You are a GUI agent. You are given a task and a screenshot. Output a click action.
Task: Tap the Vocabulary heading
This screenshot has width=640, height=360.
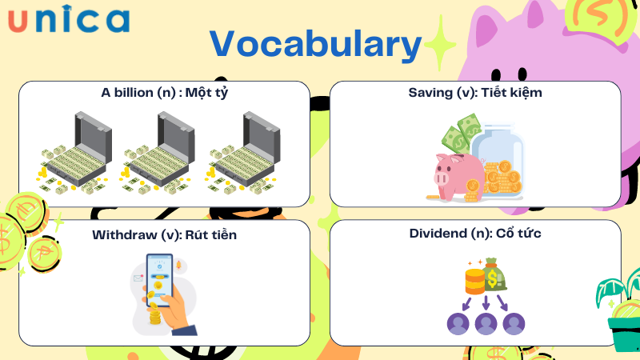315,45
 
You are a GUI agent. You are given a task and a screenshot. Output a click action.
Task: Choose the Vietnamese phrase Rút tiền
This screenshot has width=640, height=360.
211,235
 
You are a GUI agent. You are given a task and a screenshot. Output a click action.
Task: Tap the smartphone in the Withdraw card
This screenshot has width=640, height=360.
159,280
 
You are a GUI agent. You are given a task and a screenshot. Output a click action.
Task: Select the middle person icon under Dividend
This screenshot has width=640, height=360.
486,324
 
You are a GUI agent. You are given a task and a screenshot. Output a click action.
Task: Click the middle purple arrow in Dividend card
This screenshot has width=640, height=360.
486,302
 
